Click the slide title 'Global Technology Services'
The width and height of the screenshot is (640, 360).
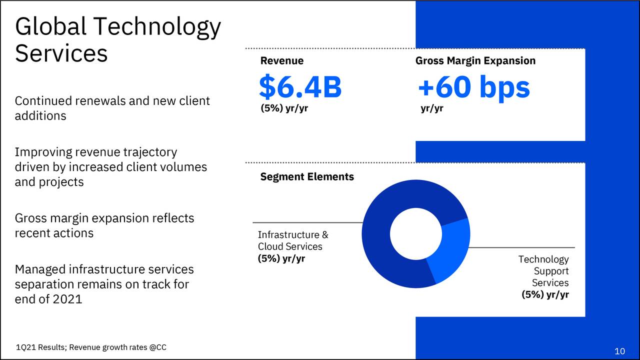point(117,40)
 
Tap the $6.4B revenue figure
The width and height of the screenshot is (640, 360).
point(300,87)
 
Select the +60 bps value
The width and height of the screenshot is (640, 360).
point(473,87)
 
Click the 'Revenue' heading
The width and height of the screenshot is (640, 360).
point(281,61)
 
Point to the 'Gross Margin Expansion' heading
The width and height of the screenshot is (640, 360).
point(475,61)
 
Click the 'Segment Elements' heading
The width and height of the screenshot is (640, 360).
point(306,176)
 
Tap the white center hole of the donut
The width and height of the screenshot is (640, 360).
point(415,234)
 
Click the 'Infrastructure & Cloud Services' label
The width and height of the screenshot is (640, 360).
point(292,240)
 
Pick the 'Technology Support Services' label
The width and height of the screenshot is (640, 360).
point(545,271)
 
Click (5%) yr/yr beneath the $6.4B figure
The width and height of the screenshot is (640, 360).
point(284,108)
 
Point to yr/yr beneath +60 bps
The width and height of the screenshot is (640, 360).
point(431,108)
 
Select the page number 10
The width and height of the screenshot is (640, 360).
point(619,351)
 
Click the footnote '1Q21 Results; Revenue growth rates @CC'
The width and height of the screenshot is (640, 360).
point(91,347)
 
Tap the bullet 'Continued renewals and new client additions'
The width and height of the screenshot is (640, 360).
point(112,108)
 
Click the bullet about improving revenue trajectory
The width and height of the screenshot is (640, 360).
point(110,166)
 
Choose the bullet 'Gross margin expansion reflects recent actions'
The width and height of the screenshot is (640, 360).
point(104,225)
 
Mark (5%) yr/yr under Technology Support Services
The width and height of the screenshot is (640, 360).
point(544,294)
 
